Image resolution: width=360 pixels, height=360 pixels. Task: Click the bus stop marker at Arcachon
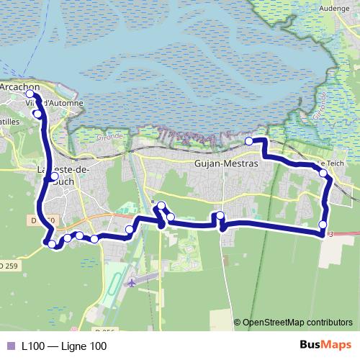pos(30,94)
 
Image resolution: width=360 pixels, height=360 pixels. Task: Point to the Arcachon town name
pos(19,86)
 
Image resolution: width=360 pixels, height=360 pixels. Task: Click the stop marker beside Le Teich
pos(323,174)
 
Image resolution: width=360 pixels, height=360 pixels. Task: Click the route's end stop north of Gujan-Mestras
pos(249,141)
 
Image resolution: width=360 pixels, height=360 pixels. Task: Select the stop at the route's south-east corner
pos(322,225)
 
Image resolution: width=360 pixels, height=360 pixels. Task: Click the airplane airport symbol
pos(132,283)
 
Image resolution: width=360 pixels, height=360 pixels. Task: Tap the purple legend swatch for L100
pos(10,346)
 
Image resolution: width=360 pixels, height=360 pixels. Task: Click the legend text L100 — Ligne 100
pos(65,346)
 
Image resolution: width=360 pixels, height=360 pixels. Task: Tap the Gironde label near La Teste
pos(112,134)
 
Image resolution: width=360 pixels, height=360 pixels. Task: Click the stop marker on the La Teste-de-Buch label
pos(54,176)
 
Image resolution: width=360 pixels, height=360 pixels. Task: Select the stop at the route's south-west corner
pos(51,244)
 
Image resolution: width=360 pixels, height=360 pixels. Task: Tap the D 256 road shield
pos(105,330)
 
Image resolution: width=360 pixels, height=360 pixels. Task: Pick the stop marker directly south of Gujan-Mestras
pos(220,215)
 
